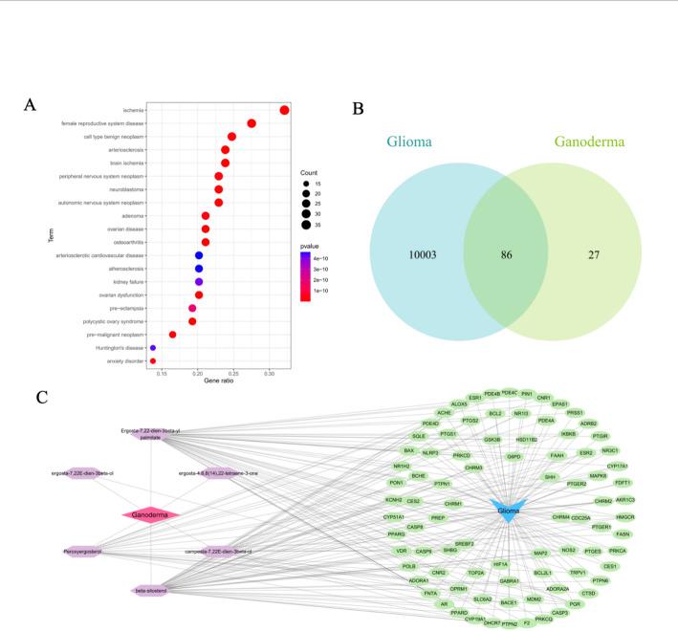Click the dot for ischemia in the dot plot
click(284, 111)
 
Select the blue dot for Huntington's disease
click(153, 348)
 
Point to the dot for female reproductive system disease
click(252, 123)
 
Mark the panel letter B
click(358, 108)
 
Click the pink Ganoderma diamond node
click(151, 514)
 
